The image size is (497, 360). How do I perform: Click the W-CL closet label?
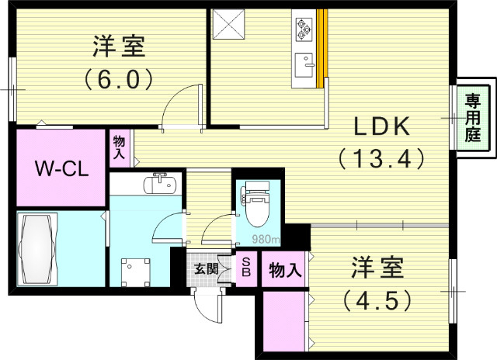pos(60,168)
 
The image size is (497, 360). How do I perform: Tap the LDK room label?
pos(381,127)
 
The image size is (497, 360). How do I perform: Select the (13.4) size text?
pos(381,159)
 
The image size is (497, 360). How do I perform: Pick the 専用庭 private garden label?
pos(473,117)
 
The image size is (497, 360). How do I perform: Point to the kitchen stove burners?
pos(303,29)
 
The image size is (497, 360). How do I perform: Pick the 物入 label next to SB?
pos(285,271)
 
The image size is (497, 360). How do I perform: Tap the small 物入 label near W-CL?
pos(120,147)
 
